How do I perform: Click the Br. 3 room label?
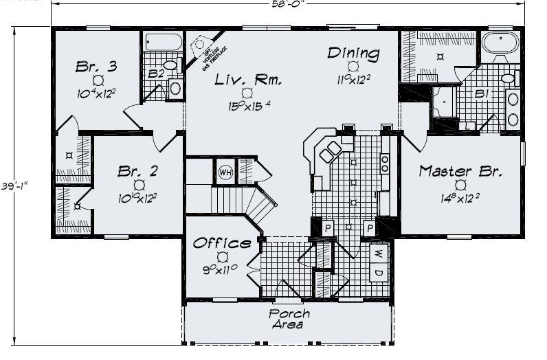pos(96,67)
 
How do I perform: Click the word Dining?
pos(353,53)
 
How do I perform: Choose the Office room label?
pos(221,243)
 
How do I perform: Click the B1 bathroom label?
pos(480,95)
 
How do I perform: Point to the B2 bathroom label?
pos(156,74)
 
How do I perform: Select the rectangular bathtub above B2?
pos(162,42)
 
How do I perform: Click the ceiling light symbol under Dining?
pos(353,66)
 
